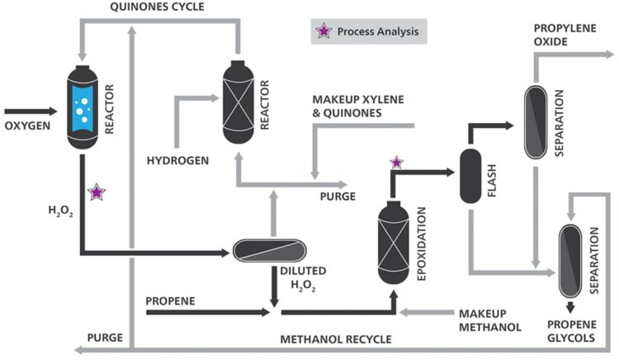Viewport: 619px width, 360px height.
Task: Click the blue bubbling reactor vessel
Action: (82, 108)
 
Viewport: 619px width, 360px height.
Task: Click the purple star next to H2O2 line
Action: (97, 192)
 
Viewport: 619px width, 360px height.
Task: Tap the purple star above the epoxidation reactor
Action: (396, 163)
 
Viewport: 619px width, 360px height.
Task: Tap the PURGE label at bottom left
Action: (105, 339)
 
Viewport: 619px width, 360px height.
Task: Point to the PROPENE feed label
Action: (170, 301)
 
